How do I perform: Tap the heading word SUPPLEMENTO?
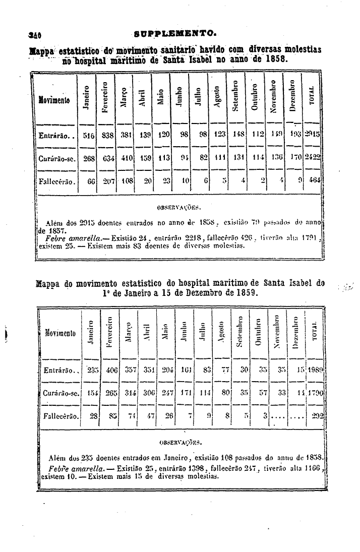176,34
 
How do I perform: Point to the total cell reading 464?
314,180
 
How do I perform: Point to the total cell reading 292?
317,416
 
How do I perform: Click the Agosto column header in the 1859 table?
220,333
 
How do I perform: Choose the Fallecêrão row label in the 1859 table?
60,416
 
